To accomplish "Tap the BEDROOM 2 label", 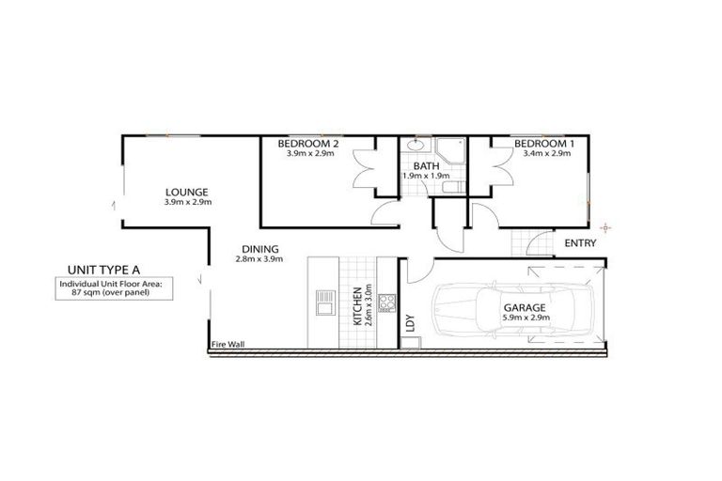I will [x=307, y=143].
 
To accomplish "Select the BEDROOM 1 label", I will [x=542, y=143].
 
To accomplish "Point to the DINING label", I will [x=257, y=250].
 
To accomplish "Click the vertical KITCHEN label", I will [x=357, y=305].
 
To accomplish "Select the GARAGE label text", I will [x=524, y=307].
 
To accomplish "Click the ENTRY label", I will [x=580, y=243].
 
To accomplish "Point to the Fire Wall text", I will [x=228, y=345].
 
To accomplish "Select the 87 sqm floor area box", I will [x=103, y=288].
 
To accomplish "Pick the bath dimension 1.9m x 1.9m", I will [x=426, y=176].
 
